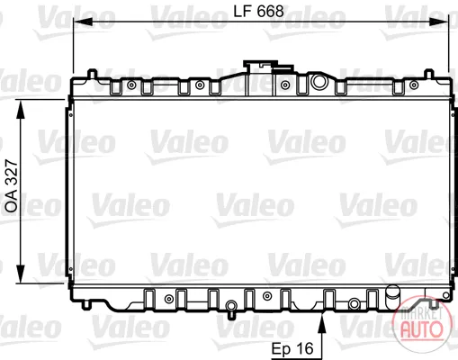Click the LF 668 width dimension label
click(x=258, y=12)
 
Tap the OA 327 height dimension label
click(x=12, y=186)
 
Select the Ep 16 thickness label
click(x=292, y=348)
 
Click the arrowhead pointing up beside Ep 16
click(x=322, y=322)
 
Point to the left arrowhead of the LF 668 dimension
click(x=83, y=22)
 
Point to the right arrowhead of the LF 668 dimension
click(x=438, y=22)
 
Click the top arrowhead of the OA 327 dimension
click(x=21, y=110)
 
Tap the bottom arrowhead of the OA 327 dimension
click(x=21, y=273)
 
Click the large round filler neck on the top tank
click(x=319, y=82)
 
